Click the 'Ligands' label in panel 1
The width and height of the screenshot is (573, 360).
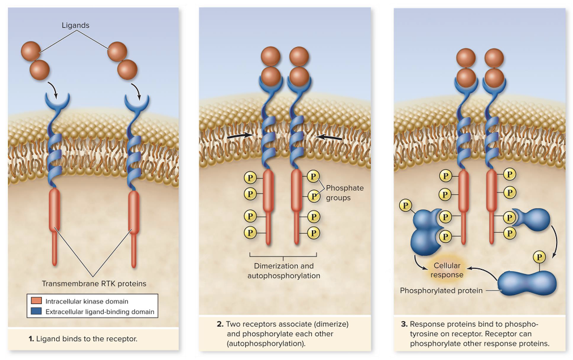[x=75, y=25]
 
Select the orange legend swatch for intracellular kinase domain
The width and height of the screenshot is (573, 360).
[x=35, y=301]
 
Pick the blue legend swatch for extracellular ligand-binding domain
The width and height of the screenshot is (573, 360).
[x=35, y=311]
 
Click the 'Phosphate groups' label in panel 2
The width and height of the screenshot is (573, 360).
[x=344, y=193]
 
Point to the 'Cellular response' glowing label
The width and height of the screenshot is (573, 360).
[x=447, y=270]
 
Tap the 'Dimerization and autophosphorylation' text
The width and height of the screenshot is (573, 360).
[x=283, y=271]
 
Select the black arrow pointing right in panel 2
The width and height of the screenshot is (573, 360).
[x=240, y=136]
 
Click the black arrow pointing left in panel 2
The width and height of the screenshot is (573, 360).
[x=329, y=138]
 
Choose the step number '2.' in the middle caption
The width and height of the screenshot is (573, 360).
[x=220, y=324]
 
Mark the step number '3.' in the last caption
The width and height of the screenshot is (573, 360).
[x=404, y=324]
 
